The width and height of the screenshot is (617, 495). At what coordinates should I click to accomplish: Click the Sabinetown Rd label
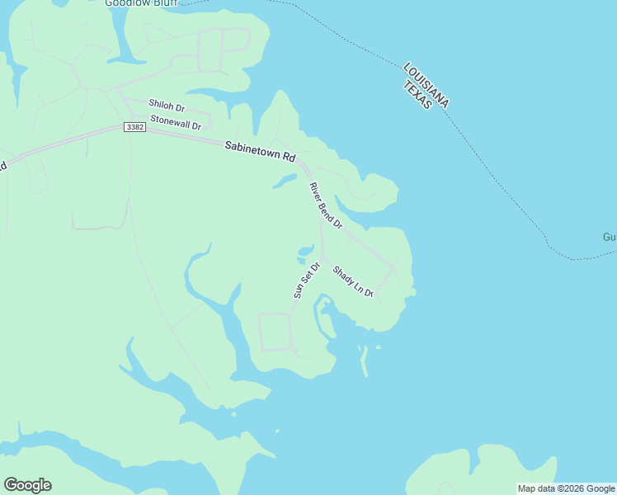tap(260, 151)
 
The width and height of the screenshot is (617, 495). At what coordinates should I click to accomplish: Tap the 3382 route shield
tap(134, 127)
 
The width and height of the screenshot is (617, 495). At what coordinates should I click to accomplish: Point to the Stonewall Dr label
tap(176, 123)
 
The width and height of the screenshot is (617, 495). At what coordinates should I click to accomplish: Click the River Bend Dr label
tap(325, 205)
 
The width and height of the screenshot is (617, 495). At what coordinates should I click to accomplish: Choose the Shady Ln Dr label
tap(353, 281)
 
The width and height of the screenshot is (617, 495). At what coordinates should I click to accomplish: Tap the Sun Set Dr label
tap(305, 280)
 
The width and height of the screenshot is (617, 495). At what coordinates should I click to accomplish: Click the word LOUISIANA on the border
tap(426, 85)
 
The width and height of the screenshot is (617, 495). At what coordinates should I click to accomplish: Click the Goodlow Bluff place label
tap(141, 2)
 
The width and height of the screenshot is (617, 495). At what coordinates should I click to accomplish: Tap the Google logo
tap(27, 485)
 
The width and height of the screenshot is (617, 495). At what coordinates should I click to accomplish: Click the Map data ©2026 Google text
tap(566, 488)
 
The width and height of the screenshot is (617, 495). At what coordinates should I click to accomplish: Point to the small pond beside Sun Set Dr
tap(304, 251)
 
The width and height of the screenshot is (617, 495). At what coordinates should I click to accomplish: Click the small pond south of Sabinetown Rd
tap(284, 181)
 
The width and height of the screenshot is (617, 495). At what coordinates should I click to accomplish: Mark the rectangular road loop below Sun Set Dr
tap(276, 332)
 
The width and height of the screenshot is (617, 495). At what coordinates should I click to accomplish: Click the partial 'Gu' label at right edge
tap(609, 237)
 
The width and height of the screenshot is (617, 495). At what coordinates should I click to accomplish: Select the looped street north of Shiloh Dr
tap(224, 49)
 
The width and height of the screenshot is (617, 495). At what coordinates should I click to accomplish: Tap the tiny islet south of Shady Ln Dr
tap(379, 347)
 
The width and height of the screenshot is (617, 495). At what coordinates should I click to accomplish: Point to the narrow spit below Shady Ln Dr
tap(363, 360)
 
